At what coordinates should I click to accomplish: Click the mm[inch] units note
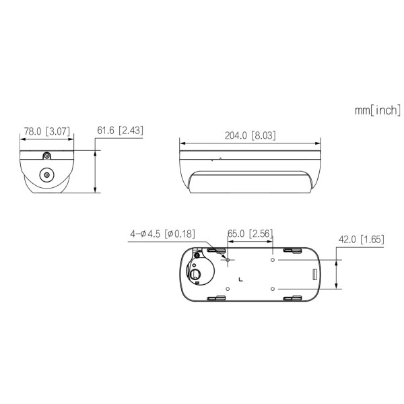[378, 110]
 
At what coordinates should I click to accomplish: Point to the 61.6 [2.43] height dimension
[120, 130]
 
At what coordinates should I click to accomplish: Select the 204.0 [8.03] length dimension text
[250, 135]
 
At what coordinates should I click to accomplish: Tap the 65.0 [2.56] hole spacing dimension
[249, 234]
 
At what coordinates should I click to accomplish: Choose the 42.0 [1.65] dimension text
[362, 239]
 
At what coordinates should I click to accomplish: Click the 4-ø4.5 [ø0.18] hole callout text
[162, 234]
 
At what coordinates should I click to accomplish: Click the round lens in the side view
[47, 175]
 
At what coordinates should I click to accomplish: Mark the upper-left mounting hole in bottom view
[229, 259]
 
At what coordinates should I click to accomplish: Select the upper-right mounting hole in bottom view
[272, 259]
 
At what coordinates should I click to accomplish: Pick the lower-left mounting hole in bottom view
[229, 288]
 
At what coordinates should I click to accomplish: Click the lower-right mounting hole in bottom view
[272, 288]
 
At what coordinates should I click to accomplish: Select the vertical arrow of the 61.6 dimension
[98, 172]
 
